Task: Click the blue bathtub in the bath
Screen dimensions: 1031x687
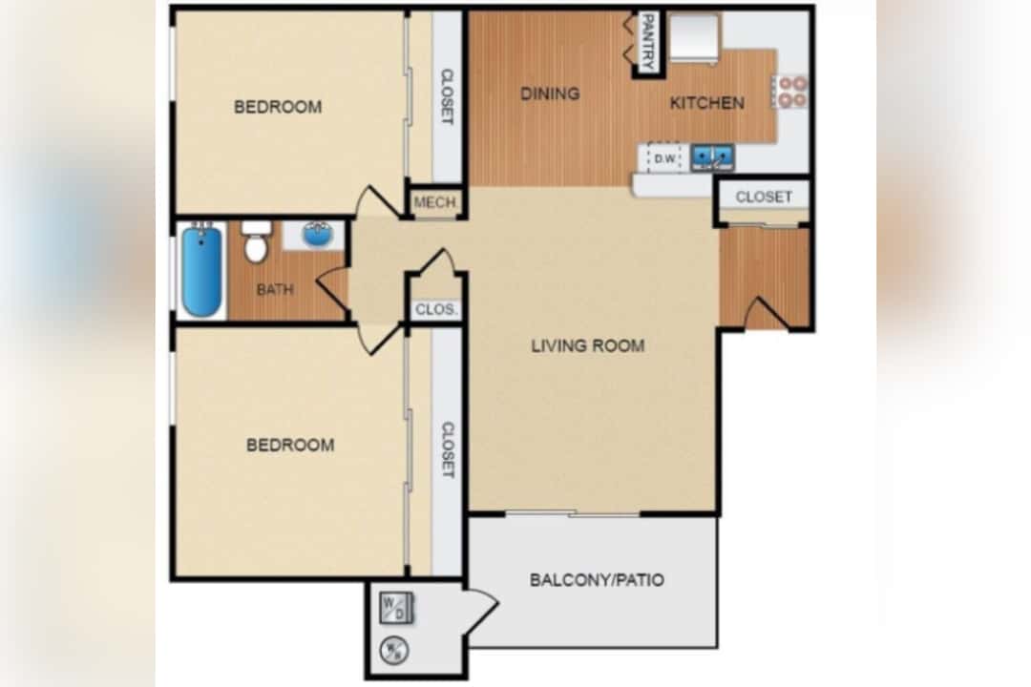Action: click(x=201, y=270)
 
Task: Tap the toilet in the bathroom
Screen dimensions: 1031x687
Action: click(x=256, y=241)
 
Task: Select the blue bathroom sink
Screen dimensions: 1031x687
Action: click(x=318, y=235)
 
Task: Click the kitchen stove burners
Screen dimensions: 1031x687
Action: click(x=792, y=92)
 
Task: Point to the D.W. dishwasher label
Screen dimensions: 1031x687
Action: click(x=665, y=158)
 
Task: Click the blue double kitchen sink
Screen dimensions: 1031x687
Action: click(x=712, y=157)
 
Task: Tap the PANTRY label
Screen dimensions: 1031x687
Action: click(x=648, y=41)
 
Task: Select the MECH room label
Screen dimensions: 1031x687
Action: click(x=435, y=202)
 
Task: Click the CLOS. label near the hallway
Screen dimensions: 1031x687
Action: click(x=436, y=309)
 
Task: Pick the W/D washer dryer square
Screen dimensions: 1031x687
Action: click(x=396, y=608)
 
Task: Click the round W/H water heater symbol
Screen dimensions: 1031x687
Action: click(x=394, y=650)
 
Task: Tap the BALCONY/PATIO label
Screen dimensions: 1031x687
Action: click(x=597, y=580)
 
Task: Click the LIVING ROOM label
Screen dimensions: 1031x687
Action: click(x=588, y=345)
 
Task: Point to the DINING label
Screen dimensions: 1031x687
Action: click(x=551, y=94)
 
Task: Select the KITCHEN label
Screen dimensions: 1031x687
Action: click(x=706, y=103)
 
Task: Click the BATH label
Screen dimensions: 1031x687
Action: click(x=275, y=289)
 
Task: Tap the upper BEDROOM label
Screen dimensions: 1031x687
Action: click(x=278, y=107)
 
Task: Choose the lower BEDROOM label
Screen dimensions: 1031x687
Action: click(x=290, y=445)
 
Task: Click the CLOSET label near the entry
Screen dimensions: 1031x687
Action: click(x=764, y=198)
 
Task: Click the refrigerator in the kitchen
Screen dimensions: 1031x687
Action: click(x=694, y=38)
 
